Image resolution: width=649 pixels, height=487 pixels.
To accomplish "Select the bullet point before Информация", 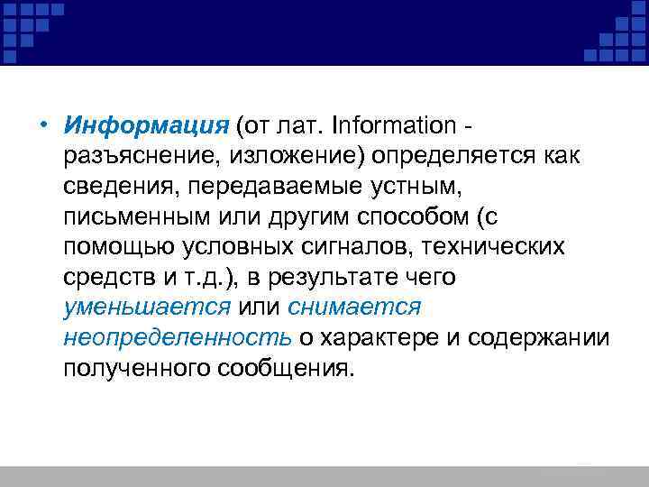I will click(43, 125).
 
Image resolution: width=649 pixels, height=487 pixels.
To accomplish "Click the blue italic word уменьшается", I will click(147, 308).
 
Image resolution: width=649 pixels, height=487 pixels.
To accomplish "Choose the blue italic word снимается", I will click(354, 308).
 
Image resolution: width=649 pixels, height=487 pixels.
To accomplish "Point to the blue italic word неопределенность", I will click(177, 339).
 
